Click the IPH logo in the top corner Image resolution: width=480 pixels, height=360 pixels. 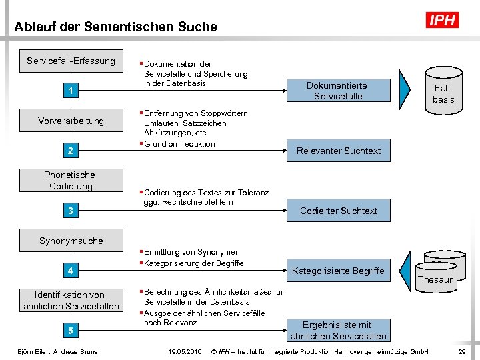point(442,20)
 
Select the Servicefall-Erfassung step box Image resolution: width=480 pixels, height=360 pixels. point(71,61)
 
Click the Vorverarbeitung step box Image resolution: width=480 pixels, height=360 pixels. point(71,121)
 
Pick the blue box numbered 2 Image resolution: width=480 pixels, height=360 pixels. point(70,151)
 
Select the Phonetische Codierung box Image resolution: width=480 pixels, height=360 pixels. point(70,181)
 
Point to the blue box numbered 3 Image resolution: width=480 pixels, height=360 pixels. point(70,211)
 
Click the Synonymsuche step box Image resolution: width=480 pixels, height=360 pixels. point(71,241)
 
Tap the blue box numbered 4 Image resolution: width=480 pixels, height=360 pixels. point(70,271)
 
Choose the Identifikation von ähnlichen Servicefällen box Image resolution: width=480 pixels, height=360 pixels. point(70,301)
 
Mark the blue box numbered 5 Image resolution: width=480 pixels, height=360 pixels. point(70,331)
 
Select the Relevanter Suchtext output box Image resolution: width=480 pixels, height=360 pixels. point(338,151)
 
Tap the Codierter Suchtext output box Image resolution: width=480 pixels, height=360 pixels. point(338,211)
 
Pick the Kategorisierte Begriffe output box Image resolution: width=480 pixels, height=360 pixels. point(338,271)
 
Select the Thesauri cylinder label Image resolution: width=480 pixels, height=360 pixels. point(435,280)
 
